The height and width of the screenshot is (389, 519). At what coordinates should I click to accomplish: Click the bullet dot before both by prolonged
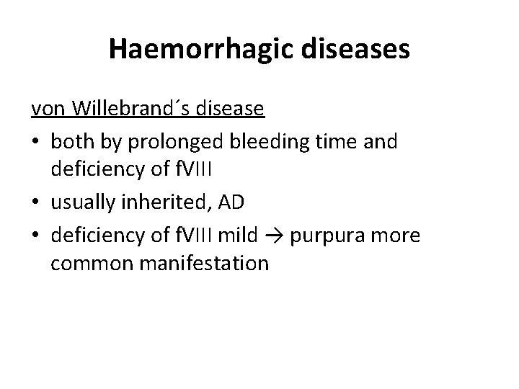[36, 143]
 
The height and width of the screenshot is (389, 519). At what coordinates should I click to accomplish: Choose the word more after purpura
[397, 236]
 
